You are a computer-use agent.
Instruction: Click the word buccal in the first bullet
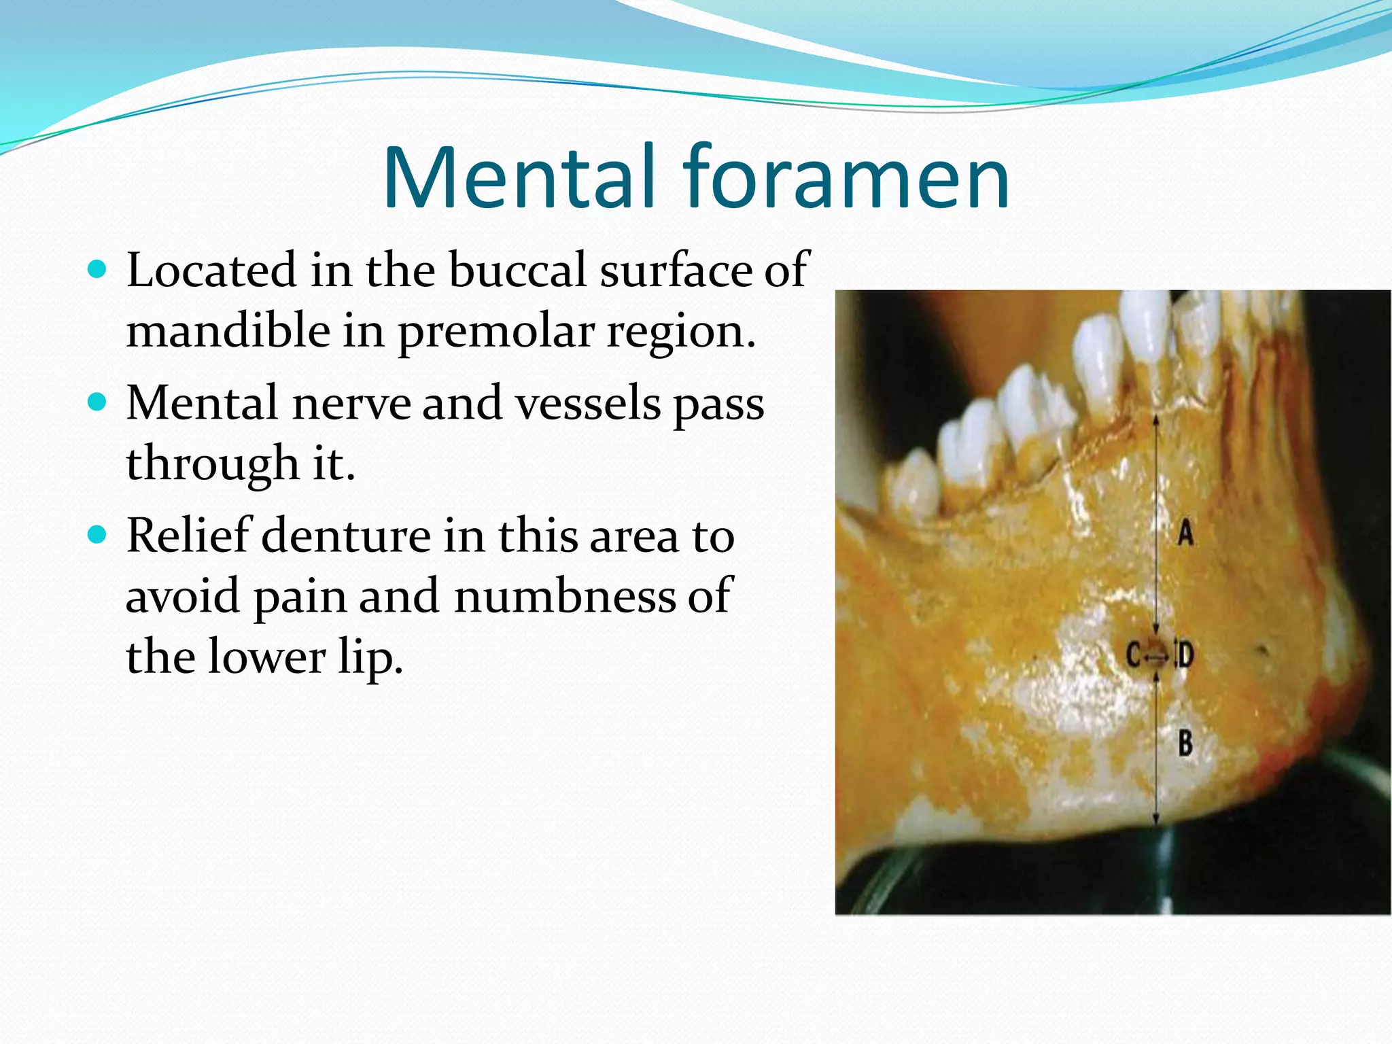tap(518, 271)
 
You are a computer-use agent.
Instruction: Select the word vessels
tap(588, 403)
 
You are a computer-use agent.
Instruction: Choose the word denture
tap(346, 536)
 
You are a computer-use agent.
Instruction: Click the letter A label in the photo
tap(1185, 532)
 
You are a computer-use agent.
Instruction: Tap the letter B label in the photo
tap(1185, 743)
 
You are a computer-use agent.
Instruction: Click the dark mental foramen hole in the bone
tap(1155, 654)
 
